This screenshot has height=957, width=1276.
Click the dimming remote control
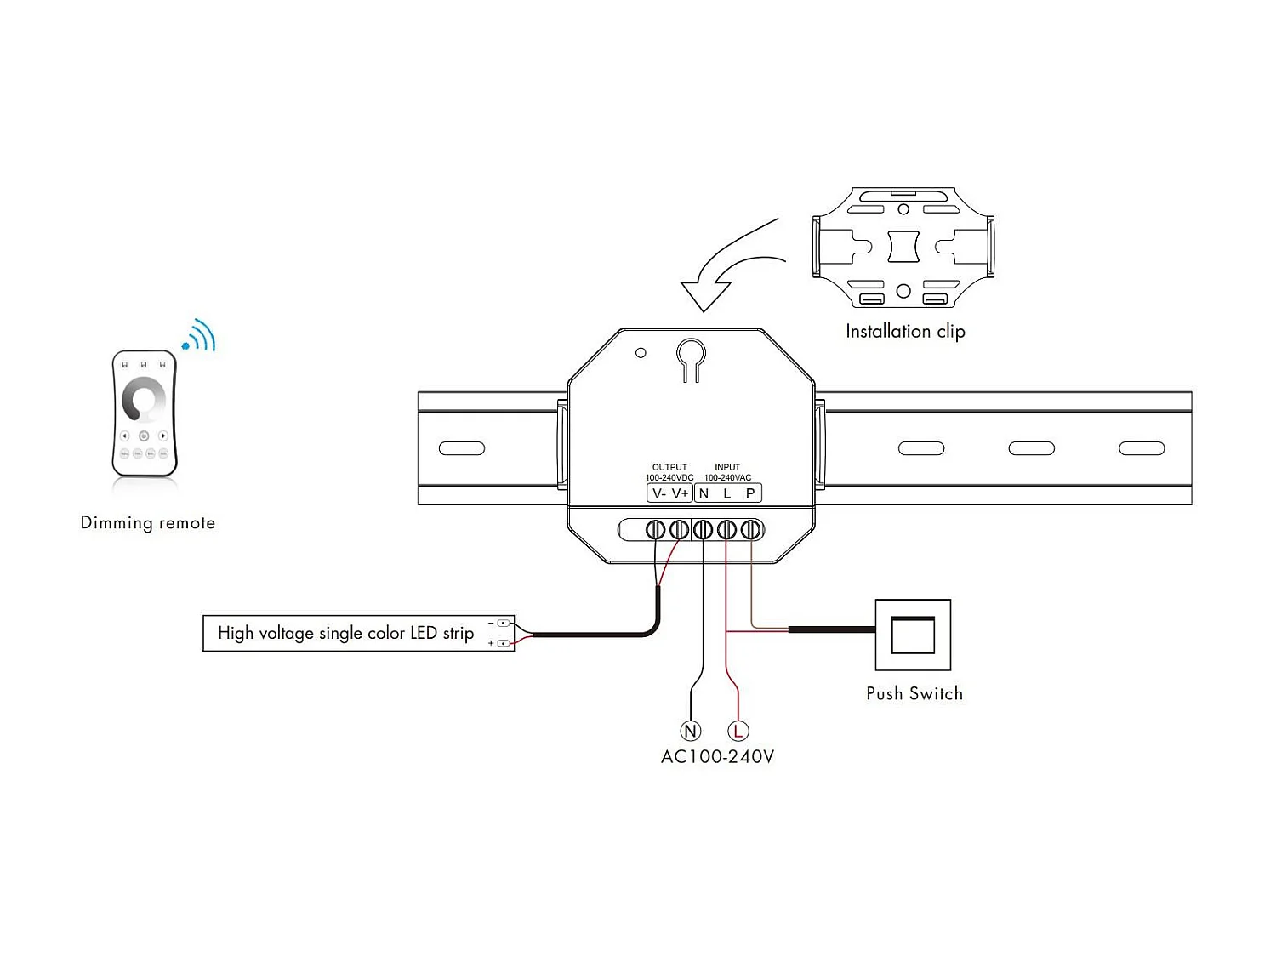click(x=145, y=413)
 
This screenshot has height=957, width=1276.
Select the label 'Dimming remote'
click(x=148, y=522)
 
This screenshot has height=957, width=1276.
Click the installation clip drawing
click(x=903, y=247)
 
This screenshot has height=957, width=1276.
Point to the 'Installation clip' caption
click(x=905, y=331)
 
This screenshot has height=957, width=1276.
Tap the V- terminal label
click(x=658, y=493)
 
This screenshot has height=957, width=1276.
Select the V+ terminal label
click(x=681, y=493)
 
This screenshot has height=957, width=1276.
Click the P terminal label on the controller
click(x=750, y=493)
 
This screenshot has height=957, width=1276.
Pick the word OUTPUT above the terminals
click(x=669, y=467)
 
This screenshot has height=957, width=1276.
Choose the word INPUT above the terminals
click(x=727, y=467)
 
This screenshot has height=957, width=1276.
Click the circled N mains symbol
click(x=691, y=731)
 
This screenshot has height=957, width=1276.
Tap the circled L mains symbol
click(x=738, y=731)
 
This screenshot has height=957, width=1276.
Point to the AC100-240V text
click(x=718, y=756)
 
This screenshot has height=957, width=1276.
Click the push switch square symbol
click(x=913, y=635)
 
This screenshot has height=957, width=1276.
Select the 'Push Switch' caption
click(x=914, y=693)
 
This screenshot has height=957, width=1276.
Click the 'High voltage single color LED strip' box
click(x=358, y=633)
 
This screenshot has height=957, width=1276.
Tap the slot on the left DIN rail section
click(x=462, y=448)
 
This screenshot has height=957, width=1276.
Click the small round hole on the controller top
click(x=641, y=352)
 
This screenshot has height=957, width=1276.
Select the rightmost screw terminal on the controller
click(x=750, y=530)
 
